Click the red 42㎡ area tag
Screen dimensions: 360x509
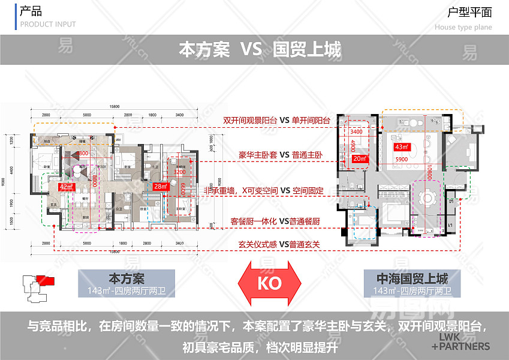click(x=65, y=187)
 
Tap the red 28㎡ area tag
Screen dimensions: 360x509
click(x=159, y=187)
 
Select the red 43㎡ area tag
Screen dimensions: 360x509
click(x=400, y=146)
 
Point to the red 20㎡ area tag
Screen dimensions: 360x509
click(x=360, y=158)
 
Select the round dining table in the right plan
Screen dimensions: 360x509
click(x=428, y=199)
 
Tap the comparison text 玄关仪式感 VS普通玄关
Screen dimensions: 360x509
click(x=279, y=244)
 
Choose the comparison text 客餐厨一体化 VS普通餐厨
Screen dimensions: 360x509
click(x=275, y=221)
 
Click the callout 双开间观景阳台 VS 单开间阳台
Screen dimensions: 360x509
click(x=276, y=120)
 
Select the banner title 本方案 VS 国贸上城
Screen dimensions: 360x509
click(x=260, y=49)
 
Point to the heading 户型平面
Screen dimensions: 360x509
click(x=469, y=12)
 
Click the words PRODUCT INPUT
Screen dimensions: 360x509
click(x=48, y=25)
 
